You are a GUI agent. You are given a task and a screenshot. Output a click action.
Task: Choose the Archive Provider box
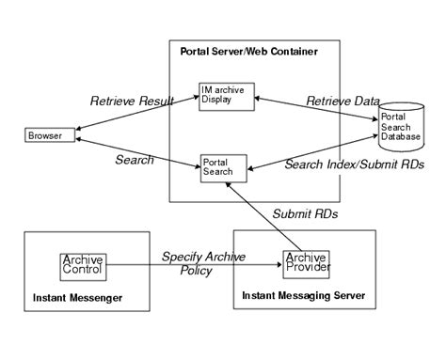point(306,263)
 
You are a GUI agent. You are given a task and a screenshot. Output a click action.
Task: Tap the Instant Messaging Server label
point(303,296)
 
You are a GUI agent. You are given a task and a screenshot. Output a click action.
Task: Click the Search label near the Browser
point(134,160)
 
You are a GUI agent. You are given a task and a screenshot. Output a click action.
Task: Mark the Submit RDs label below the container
point(305,213)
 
